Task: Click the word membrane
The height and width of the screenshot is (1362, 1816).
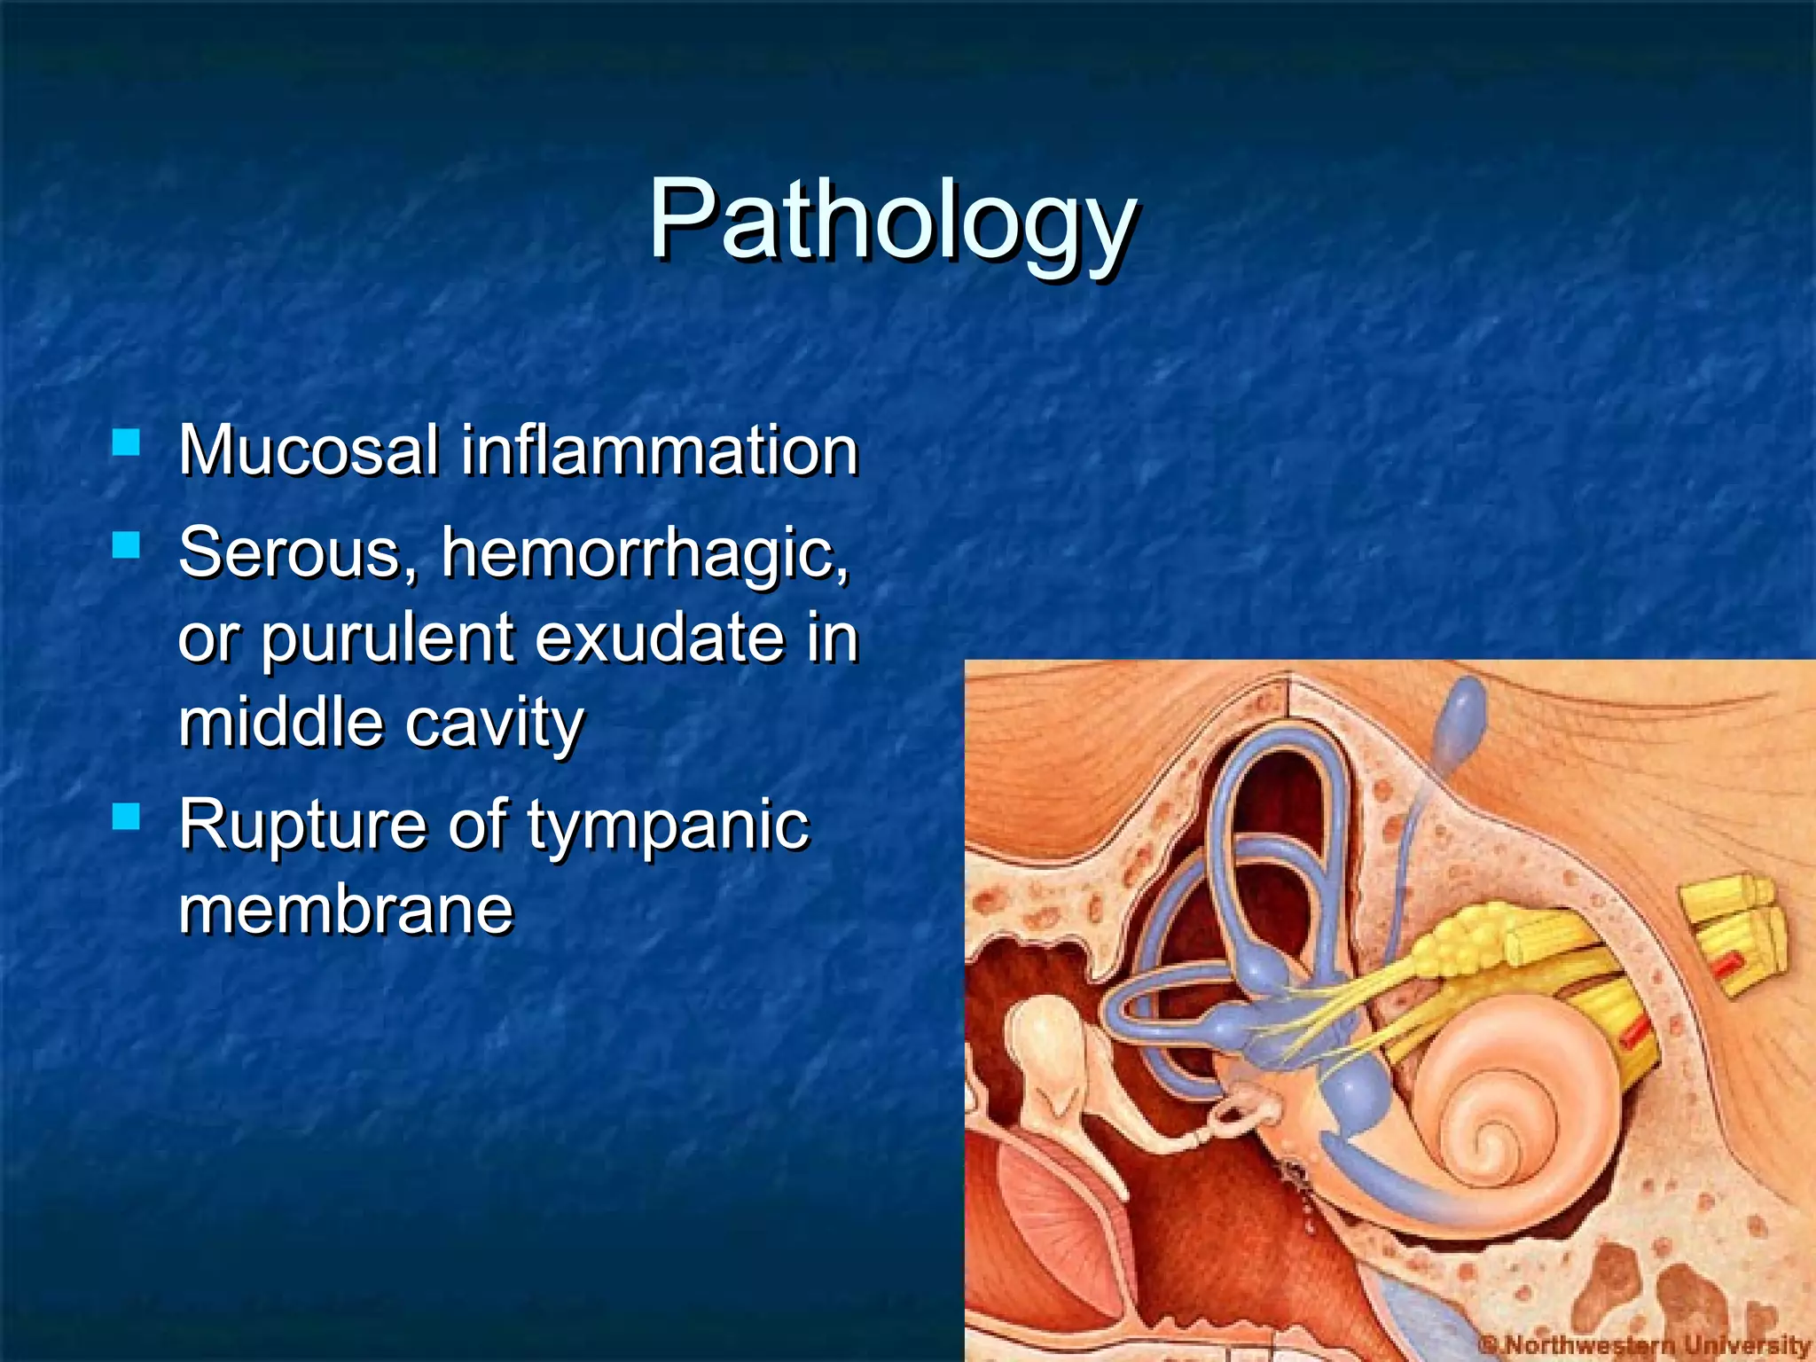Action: [x=346, y=910]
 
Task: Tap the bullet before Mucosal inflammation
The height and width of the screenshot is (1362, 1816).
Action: [x=127, y=442]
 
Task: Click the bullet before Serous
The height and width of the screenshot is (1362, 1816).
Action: [x=127, y=544]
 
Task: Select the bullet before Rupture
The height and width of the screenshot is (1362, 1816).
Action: [x=127, y=816]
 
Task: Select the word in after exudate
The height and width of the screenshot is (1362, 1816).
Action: [x=833, y=638]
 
